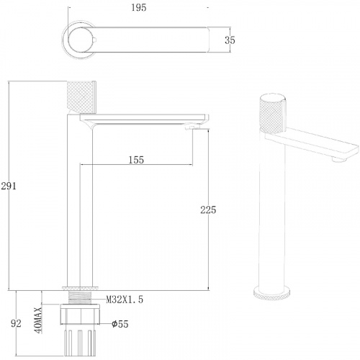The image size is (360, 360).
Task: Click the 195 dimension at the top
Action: point(139,8)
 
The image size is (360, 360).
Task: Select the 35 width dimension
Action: point(230,40)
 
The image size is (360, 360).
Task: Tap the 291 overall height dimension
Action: point(9,186)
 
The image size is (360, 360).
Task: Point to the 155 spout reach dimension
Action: point(136,160)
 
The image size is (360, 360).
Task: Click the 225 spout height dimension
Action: point(208,210)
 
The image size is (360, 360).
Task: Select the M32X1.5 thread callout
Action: point(125,300)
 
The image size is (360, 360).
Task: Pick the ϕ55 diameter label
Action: point(120,324)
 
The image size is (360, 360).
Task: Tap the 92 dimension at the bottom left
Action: point(16,323)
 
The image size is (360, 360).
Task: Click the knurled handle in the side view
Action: point(81,97)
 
